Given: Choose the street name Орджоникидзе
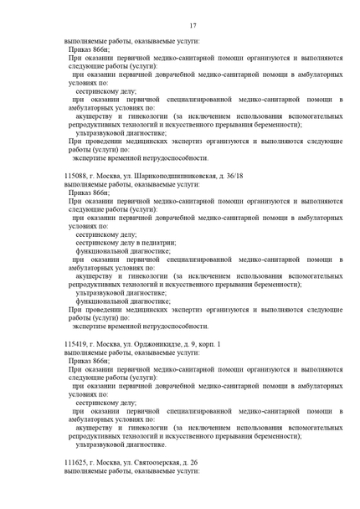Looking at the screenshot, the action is [164, 345].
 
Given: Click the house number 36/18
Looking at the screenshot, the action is [230, 177].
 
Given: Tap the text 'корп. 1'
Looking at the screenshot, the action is [209, 345].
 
